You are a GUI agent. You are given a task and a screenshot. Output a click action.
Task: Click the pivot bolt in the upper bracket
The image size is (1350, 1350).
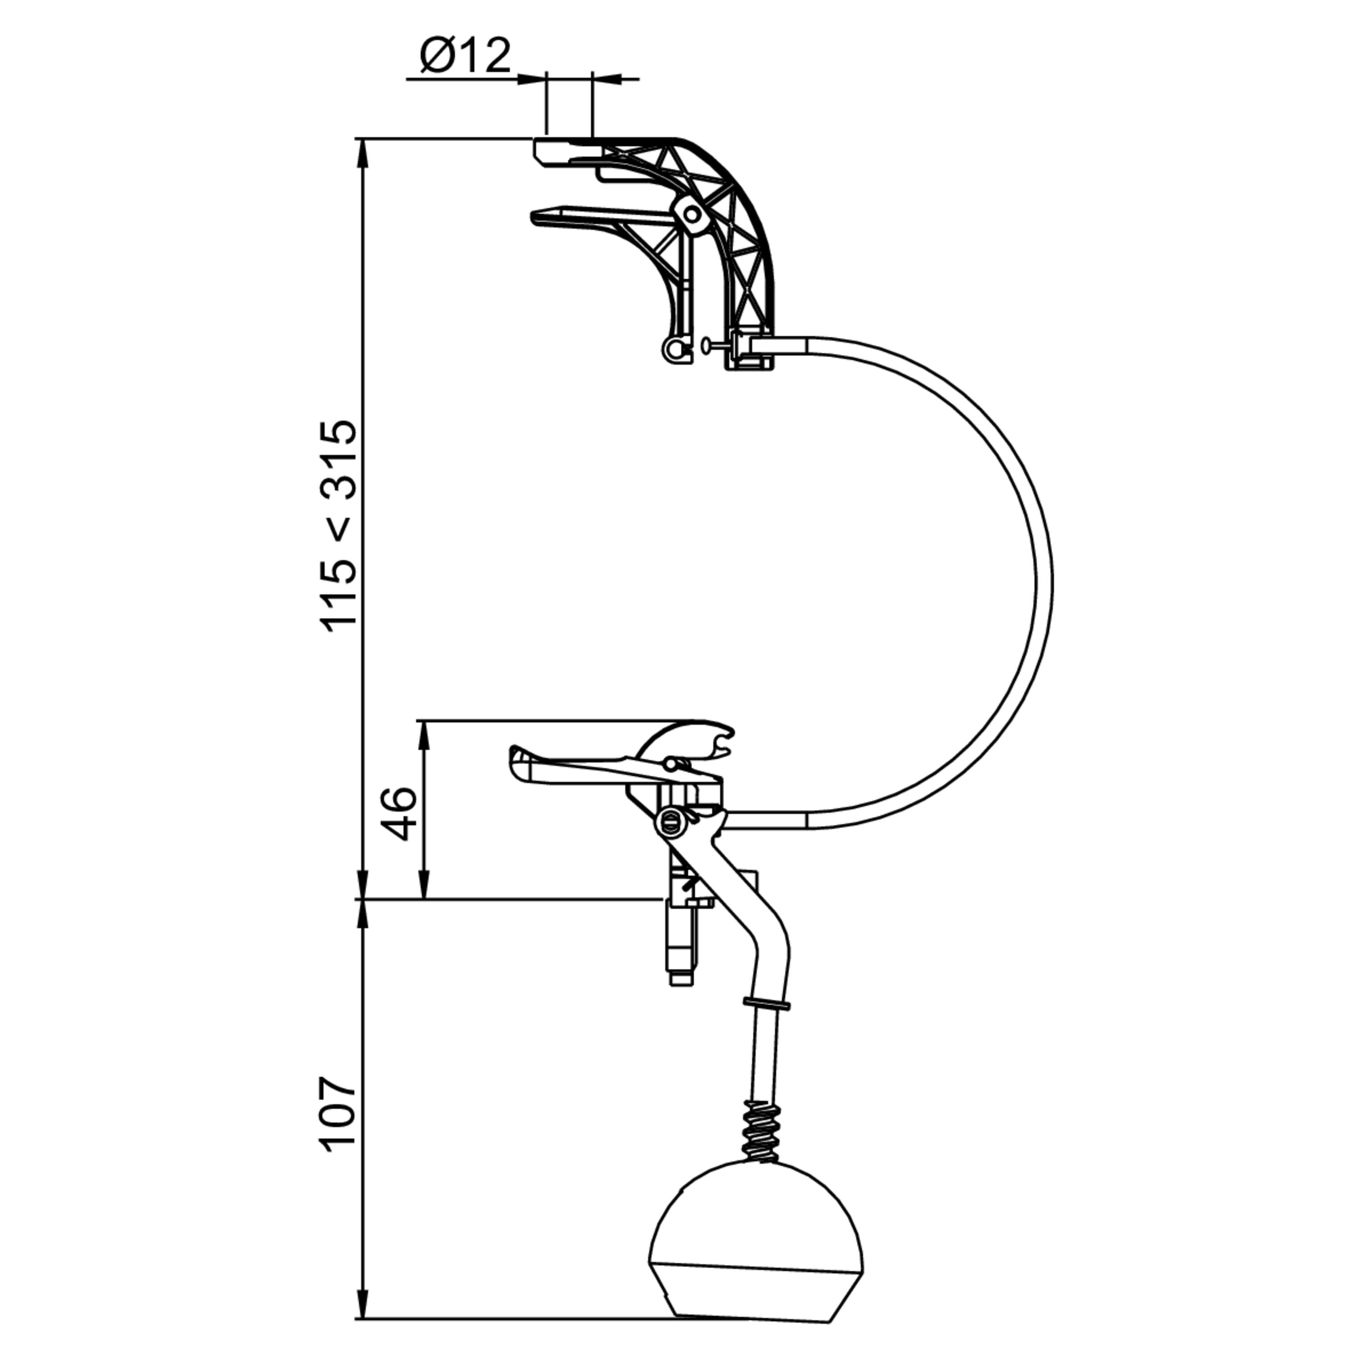pos(691,215)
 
